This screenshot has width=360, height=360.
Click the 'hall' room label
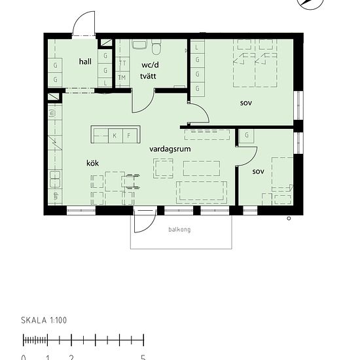coord(85,62)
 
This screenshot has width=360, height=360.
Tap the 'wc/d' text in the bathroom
coord(150,65)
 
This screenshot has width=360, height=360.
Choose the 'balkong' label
coord(180,230)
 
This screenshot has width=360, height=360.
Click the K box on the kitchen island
coord(114,135)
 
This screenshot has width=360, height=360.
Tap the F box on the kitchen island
coord(129,135)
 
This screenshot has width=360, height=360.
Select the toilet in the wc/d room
coord(156,48)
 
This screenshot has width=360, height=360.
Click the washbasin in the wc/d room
coord(139,45)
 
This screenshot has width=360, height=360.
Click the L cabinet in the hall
coord(106,82)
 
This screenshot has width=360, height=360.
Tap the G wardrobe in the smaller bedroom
coord(246,135)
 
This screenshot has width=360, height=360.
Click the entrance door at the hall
coord(84,26)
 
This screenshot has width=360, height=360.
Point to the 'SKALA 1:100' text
coord(45,321)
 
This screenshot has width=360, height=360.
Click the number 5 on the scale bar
coord(143,357)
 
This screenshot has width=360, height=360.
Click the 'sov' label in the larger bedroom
coord(246,103)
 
